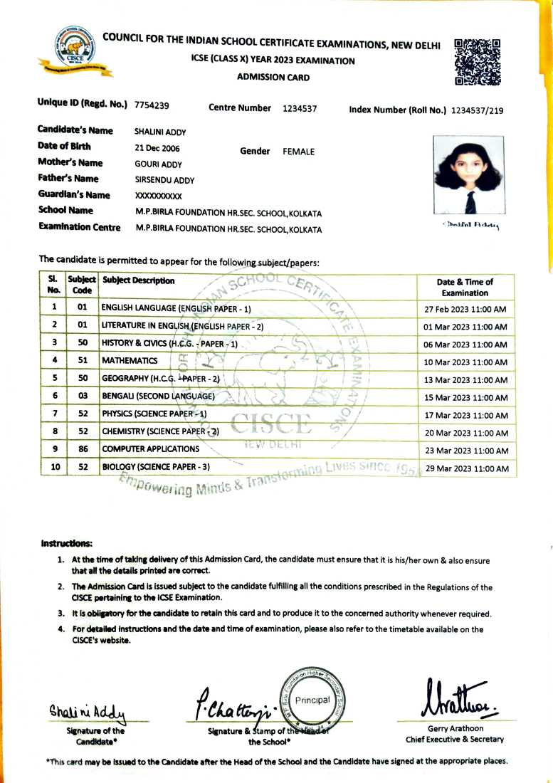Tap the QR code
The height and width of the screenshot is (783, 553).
click(476, 62)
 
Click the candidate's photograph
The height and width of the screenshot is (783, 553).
click(468, 175)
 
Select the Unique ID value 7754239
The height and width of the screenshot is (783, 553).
click(152, 106)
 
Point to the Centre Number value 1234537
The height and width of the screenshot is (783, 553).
click(300, 109)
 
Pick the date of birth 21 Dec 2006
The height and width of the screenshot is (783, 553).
click(157, 149)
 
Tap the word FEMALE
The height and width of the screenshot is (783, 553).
click(298, 152)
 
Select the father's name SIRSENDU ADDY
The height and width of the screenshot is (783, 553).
click(164, 180)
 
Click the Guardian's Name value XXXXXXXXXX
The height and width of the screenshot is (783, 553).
click(159, 196)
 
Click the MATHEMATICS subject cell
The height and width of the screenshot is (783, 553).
click(130, 361)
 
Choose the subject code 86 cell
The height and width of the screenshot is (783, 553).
click(83, 449)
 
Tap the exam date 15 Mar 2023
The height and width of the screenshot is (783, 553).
click(465, 397)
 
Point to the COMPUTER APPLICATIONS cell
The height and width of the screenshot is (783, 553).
click(150, 449)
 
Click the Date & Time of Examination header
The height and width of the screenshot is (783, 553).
click(465, 287)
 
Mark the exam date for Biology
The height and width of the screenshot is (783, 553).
click(465, 468)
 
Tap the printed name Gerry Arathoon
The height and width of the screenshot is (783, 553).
click(455, 728)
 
